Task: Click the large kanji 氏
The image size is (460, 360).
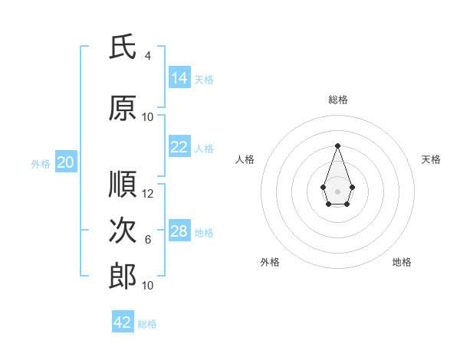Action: (x=123, y=47)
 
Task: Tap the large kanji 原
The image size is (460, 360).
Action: (x=123, y=108)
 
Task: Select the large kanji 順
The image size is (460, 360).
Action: (x=123, y=184)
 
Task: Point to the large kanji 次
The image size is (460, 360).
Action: (x=123, y=230)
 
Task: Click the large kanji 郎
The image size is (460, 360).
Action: (x=123, y=277)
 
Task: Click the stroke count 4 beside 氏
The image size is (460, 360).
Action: (x=148, y=56)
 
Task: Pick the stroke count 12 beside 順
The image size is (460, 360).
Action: (x=147, y=194)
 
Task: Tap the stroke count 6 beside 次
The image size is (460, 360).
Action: (x=148, y=240)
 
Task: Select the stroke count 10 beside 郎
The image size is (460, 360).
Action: (x=147, y=286)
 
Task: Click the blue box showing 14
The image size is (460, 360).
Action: (x=179, y=77)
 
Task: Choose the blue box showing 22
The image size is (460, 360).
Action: (x=179, y=146)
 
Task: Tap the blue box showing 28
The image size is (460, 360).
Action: (x=179, y=230)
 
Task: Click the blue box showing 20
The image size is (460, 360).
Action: (x=66, y=162)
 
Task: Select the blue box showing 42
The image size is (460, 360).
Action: (x=123, y=321)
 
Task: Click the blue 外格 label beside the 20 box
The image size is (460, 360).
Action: (x=41, y=164)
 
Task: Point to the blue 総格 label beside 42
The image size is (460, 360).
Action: (x=147, y=324)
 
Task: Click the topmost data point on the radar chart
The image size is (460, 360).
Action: (x=337, y=146)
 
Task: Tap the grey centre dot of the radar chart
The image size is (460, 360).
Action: (x=337, y=191)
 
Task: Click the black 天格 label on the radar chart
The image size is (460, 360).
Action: (x=431, y=159)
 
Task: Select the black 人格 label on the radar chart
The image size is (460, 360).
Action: (x=245, y=159)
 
